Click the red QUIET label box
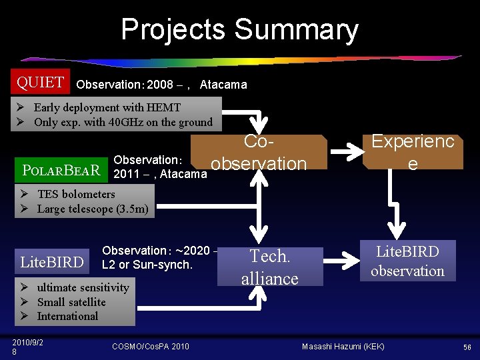41,83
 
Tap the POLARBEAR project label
61,170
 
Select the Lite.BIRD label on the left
53,262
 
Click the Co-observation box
259,153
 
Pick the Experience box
413,152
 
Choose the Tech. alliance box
269,267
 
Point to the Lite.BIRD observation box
407,261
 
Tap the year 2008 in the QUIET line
160,85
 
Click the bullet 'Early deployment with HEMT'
107,107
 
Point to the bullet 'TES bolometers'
76,194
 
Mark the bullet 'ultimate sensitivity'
83,287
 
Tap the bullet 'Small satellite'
71,302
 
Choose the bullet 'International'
67,316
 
